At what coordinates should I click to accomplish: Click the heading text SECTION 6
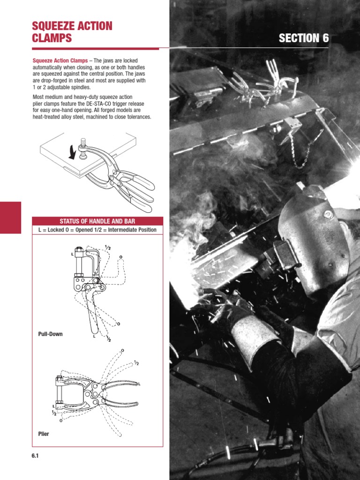[x=304, y=38]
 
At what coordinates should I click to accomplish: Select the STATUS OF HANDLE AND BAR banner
[x=97, y=221]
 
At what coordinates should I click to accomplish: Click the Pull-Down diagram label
[x=50, y=334]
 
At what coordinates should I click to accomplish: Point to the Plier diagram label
[x=43, y=434]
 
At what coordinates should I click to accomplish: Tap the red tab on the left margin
[x=10, y=217]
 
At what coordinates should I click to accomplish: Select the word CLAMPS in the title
[x=52, y=38]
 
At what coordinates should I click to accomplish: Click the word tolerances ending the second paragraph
[x=138, y=117]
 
